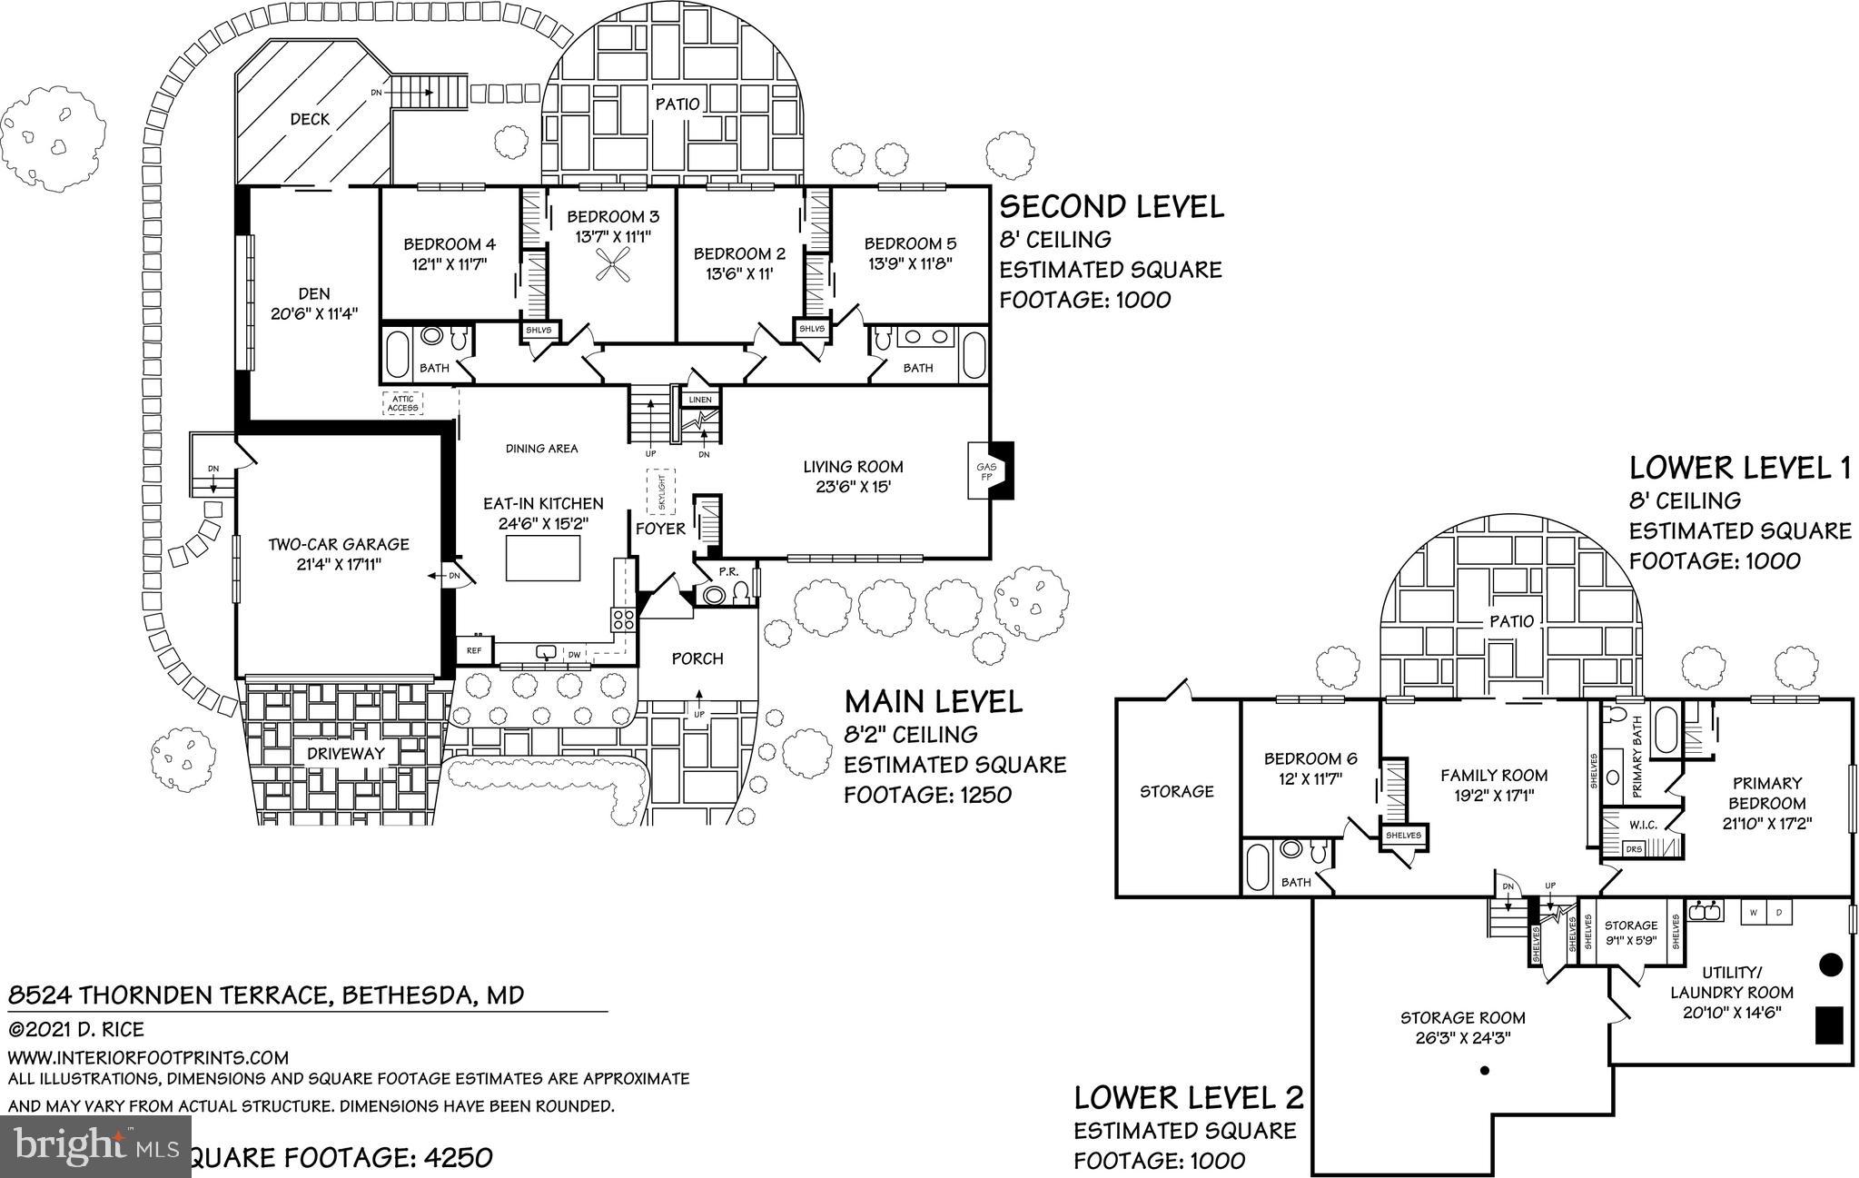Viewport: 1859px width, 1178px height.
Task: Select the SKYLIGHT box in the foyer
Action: tap(661, 491)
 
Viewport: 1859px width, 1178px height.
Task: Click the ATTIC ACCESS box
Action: tap(402, 402)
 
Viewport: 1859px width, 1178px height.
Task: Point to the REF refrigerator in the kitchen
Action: tap(474, 650)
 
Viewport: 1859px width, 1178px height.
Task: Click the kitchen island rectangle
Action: tap(543, 558)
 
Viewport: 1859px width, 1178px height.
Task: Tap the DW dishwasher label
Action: tap(573, 654)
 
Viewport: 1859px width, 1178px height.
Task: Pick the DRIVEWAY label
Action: tap(345, 753)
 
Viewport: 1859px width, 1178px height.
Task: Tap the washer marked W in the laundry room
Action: tap(1754, 911)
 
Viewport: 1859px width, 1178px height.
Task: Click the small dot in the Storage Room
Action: tap(1485, 1071)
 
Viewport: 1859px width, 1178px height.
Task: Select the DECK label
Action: tap(310, 119)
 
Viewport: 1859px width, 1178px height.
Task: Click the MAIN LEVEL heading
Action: tap(934, 701)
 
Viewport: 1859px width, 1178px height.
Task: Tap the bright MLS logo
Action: tap(95, 1145)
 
